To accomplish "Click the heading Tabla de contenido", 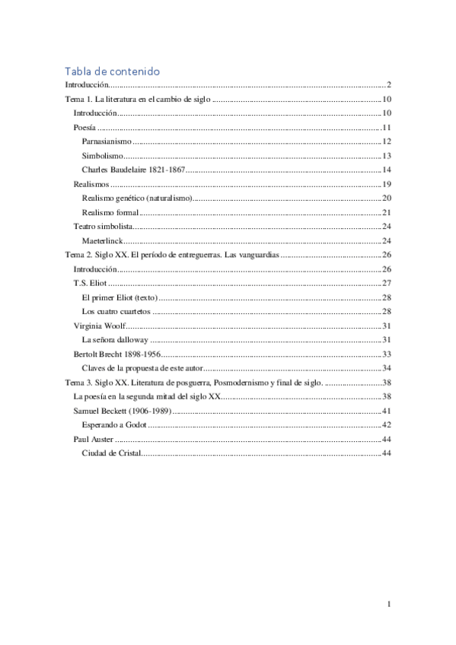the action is [112, 71].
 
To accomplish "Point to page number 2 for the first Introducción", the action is [388, 84].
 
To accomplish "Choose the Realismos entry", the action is [91, 184].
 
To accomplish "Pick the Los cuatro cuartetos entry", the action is [116, 311].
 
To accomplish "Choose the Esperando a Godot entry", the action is [115, 424].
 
